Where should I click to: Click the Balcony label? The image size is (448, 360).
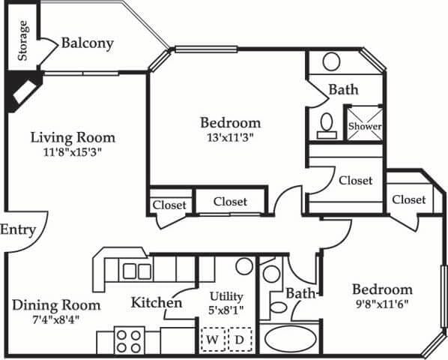coord(87,43)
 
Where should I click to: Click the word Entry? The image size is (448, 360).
coord(17,229)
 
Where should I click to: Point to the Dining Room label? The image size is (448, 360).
coord(56,305)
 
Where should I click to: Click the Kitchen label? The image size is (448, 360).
coord(157,303)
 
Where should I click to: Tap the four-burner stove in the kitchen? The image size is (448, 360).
coord(128,340)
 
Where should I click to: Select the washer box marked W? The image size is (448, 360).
coord(212,339)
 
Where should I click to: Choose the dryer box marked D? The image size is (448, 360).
coord(240,339)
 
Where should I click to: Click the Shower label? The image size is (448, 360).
coord(364,127)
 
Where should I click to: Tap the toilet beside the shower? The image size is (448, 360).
coord(327,124)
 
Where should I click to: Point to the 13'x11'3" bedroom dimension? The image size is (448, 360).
coord(230,137)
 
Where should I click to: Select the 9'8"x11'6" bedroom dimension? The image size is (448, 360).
coord(382,304)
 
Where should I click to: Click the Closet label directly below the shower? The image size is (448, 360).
coord(355,181)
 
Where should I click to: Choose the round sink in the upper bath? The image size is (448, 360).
coord(331,61)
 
